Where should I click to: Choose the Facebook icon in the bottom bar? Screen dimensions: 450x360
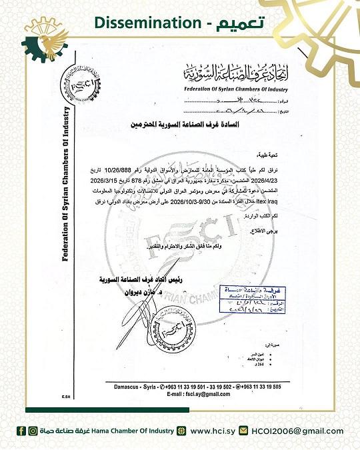coord(21,431)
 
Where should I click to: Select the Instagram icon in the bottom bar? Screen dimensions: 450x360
coord(33,431)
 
